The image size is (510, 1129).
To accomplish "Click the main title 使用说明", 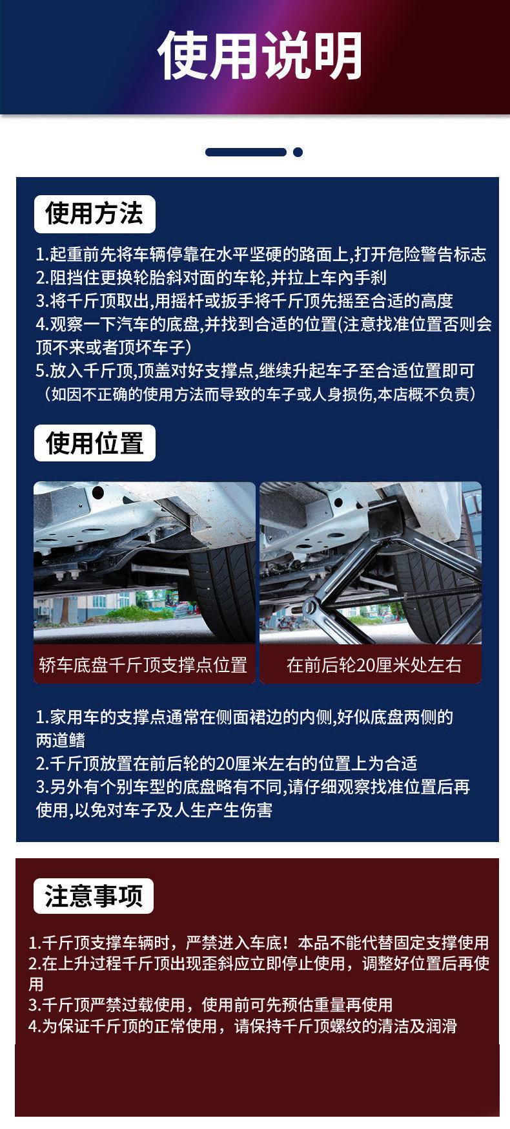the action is pos(261,56).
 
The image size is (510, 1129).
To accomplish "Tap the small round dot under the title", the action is pos(298,153).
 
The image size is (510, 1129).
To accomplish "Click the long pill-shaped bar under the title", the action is pos(246,153).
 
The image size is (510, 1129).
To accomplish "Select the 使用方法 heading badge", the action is pos(94,214).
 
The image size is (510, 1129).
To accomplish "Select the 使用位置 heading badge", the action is pos(94,443).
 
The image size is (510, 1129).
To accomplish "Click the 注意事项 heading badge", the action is pos(94,896).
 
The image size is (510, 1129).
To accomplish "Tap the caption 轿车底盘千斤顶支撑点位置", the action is pos(144,665).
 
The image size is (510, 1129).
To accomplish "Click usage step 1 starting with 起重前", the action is pos(261,255).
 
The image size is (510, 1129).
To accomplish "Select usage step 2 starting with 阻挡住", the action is pos(211,278).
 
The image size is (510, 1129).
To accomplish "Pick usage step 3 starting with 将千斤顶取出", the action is pos(245,301).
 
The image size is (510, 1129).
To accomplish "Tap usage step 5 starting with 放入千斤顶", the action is pos(255,371).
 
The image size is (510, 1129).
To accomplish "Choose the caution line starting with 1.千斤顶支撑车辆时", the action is pos(259,943).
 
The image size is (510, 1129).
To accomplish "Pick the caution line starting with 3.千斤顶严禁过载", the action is pos(210,1005).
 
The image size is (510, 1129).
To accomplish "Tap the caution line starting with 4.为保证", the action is pos(243,1026).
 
